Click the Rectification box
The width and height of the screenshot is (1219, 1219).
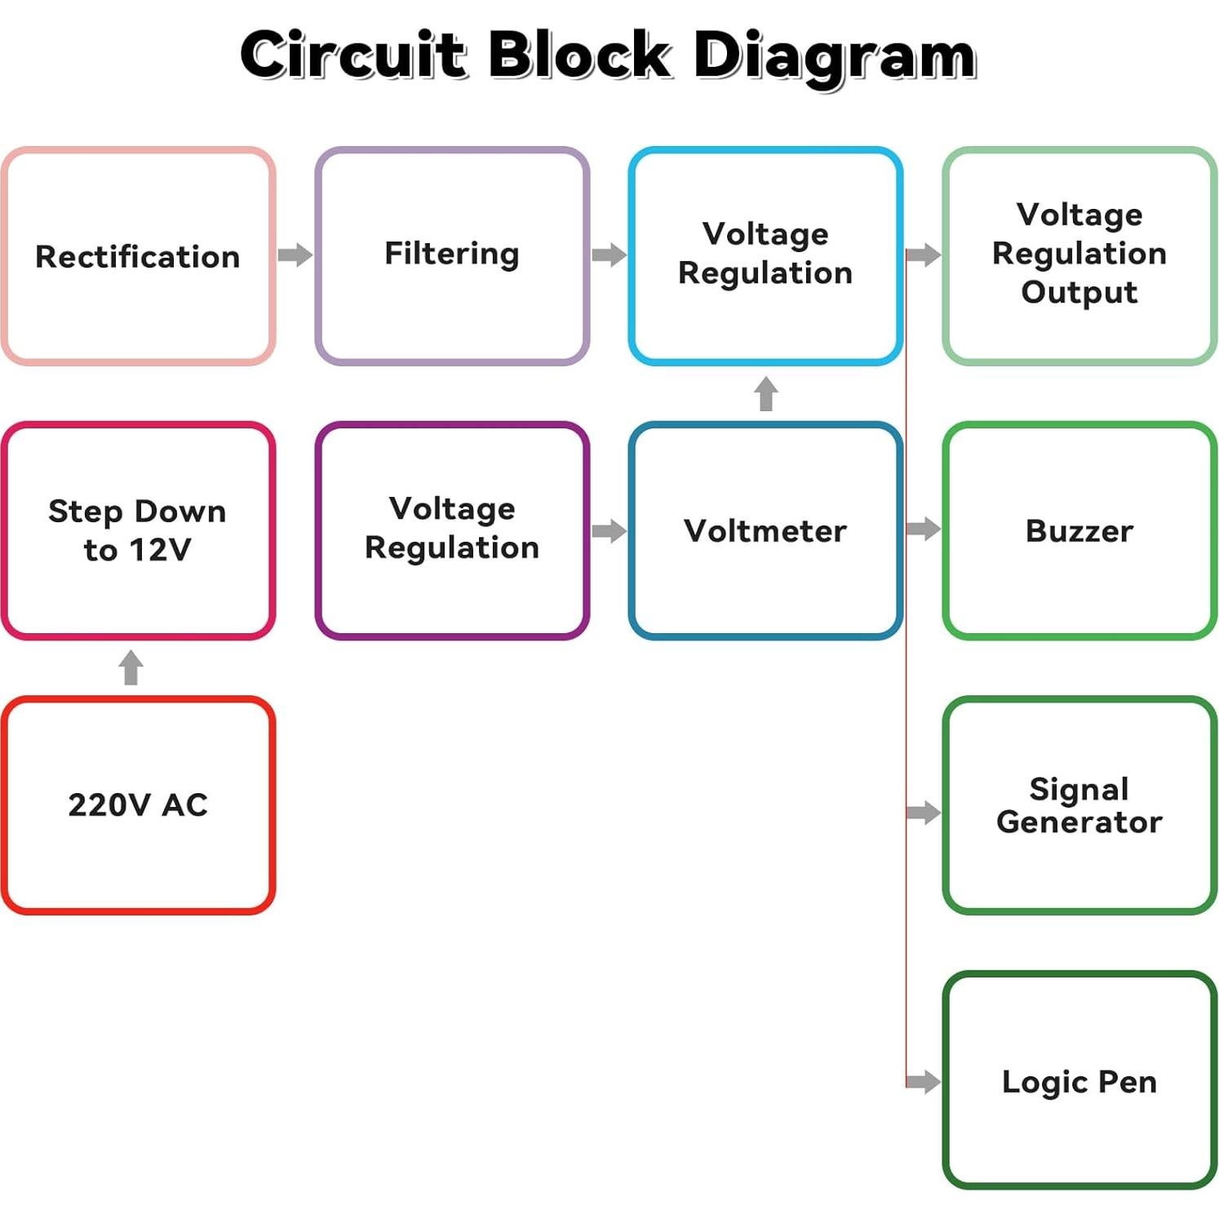pyautogui.click(x=138, y=256)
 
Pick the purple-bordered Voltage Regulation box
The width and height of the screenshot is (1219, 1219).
pyautogui.click(x=452, y=530)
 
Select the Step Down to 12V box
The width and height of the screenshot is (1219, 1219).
pyautogui.click(x=138, y=530)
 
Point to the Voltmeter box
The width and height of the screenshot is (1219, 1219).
pyautogui.click(x=765, y=530)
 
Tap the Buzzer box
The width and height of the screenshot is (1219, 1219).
pyautogui.click(x=1079, y=530)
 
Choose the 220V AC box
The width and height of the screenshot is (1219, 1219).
pyautogui.click(x=138, y=805)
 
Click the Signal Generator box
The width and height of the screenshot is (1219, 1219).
pyautogui.click(x=1079, y=805)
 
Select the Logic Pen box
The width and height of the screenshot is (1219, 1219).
pyautogui.click(x=1079, y=1080)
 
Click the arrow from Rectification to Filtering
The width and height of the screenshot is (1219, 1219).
pyautogui.click(x=295, y=255)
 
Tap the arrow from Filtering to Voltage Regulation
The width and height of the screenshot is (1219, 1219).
pyautogui.click(x=609, y=255)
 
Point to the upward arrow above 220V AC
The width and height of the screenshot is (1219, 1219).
pyautogui.click(x=131, y=667)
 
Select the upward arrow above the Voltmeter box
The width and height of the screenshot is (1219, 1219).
pyautogui.click(x=765, y=393)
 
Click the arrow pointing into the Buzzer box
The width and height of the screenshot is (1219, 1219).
pyautogui.click(x=924, y=529)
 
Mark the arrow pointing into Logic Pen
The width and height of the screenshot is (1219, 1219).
pyautogui.click(x=924, y=1082)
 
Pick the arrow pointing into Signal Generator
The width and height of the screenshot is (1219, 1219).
pyautogui.click(x=924, y=812)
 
